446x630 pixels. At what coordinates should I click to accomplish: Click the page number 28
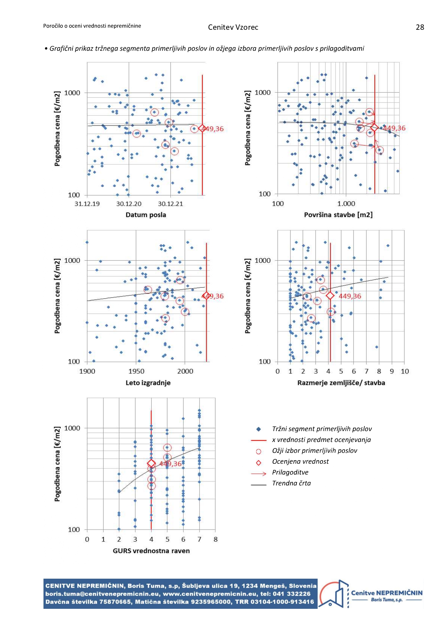[x=420, y=27]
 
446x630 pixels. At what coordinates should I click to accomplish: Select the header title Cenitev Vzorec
[x=233, y=27]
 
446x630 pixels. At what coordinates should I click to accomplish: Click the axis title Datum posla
[x=146, y=215]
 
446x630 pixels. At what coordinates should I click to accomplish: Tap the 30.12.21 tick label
[x=170, y=204]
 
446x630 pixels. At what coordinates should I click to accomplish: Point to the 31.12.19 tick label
[x=87, y=204]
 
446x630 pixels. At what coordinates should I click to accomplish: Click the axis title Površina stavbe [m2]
[x=338, y=215]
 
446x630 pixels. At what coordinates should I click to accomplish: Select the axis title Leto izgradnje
[x=148, y=383]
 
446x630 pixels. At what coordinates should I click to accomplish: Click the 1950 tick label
[x=136, y=372]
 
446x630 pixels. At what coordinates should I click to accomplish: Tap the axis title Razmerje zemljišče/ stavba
[x=341, y=383]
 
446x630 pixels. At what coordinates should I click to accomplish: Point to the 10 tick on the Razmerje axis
[x=405, y=372]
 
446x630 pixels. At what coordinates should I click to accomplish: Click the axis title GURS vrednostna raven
[x=151, y=551]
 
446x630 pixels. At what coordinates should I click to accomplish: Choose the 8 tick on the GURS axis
[x=216, y=539]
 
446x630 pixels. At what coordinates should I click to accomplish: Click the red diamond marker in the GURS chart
[x=151, y=464]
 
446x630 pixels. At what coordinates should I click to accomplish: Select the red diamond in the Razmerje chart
[x=330, y=295]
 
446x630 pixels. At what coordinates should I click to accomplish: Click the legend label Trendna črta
[x=291, y=483]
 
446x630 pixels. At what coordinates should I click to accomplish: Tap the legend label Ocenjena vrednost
[x=300, y=462]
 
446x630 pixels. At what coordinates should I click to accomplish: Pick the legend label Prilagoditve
[x=290, y=472]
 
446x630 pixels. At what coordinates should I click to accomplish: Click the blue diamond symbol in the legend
[x=258, y=429]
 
